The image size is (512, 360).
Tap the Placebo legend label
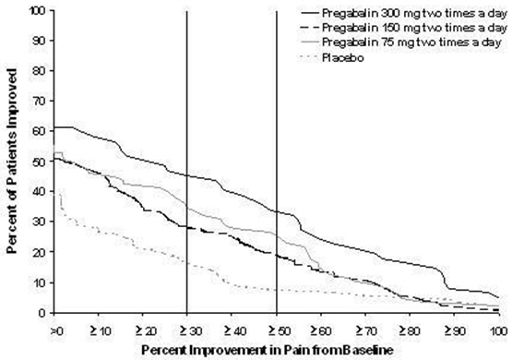pos(347,59)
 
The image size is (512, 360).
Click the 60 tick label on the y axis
pos(38,132)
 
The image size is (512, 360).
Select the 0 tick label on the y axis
pos(42,313)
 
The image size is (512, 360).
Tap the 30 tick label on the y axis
pos(38,222)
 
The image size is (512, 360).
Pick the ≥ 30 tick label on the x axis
pos(187,329)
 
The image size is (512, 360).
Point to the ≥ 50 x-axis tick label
pos(277,329)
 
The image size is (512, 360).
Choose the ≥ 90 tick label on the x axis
pos(456,329)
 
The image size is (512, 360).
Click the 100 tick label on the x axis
pos(498,329)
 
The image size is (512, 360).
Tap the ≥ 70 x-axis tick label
pos(366,329)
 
